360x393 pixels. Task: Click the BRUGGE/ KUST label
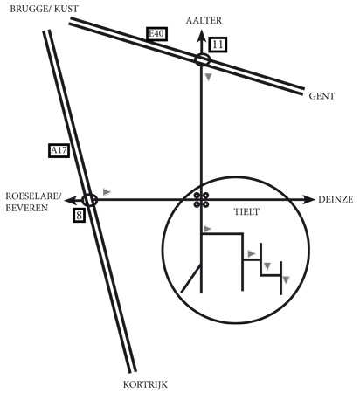click(45, 9)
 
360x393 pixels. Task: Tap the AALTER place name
click(204, 20)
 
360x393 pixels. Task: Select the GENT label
click(322, 96)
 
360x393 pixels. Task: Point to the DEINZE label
click(336, 199)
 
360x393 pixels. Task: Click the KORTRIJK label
click(145, 384)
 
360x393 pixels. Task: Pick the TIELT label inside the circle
click(246, 211)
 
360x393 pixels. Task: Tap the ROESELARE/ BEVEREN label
click(33, 202)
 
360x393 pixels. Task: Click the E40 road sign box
click(156, 34)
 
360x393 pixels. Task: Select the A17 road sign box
click(59, 151)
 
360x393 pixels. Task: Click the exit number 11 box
click(218, 45)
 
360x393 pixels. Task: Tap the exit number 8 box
click(79, 216)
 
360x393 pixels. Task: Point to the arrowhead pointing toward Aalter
click(201, 36)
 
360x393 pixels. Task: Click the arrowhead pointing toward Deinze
click(308, 200)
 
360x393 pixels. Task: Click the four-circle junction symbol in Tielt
click(201, 200)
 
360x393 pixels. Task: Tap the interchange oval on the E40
click(202, 59)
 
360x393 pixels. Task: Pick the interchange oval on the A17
click(89, 200)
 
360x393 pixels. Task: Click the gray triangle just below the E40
click(208, 77)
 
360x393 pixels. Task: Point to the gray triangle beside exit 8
click(107, 192)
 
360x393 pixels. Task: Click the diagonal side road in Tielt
click(191, 278)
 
